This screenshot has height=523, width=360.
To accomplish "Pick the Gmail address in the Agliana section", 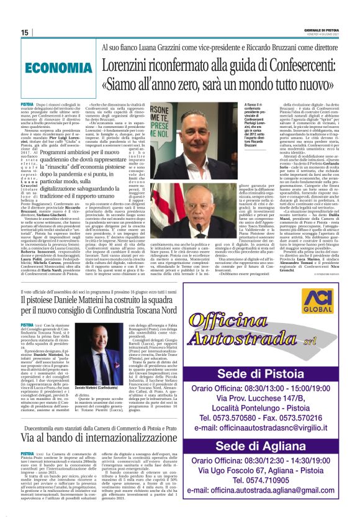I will pos(266,507).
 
